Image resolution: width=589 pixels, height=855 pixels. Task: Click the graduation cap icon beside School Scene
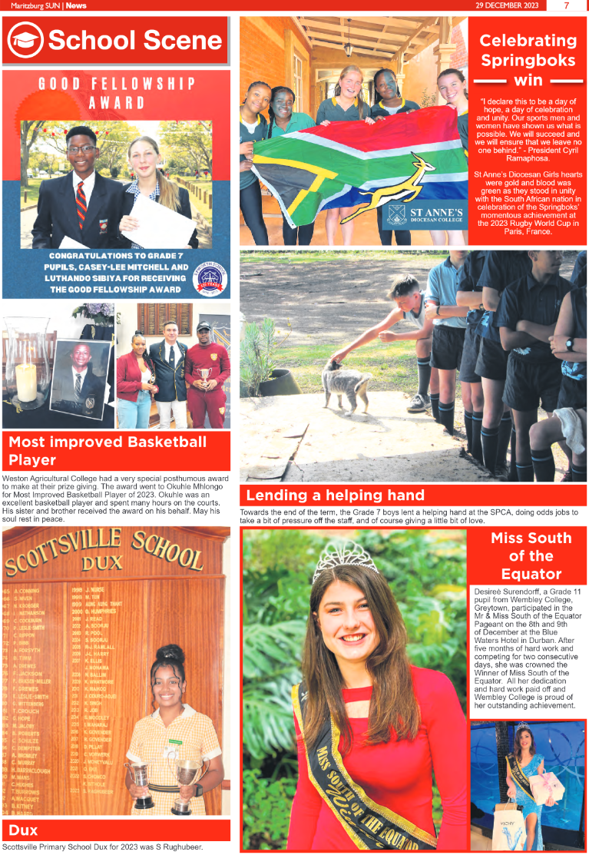coord(26,40)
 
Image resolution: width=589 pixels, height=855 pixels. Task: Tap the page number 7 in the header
coord(566,5)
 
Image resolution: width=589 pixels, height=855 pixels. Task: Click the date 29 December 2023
coord(508,5)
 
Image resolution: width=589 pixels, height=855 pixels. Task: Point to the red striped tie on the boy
coord(81,204)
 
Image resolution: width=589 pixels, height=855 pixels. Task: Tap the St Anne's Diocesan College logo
coord(424,214)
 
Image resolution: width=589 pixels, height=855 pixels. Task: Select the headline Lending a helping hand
coord(335,495)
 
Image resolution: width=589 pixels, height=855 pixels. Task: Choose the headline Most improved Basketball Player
coord(108,451)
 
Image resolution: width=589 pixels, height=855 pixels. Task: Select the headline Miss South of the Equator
coord(531,555)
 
